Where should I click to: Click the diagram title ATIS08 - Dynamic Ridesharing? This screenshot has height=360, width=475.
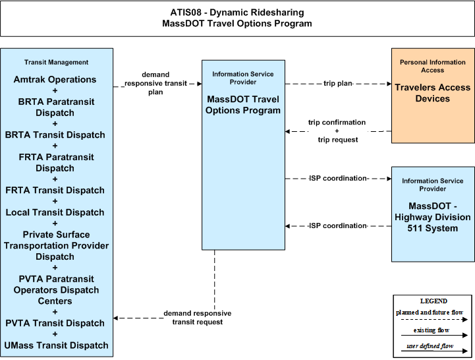coord(237,13)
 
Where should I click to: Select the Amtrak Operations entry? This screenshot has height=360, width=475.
coord(55,80)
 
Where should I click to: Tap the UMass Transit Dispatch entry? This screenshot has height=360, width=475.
coord(56,345)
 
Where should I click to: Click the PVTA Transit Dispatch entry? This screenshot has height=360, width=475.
coord(55,323)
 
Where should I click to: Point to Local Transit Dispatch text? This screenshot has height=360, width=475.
coord(55,212)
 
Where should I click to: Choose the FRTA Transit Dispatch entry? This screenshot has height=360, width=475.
coord(55,191)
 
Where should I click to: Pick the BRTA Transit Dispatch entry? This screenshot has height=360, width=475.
coord(55,135)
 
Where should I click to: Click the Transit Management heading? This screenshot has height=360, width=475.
coord(56,62)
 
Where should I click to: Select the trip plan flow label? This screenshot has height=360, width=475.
coord(338,83)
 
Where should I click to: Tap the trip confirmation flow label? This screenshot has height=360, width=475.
coord(337,122)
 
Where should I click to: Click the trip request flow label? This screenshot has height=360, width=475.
coord(338,140)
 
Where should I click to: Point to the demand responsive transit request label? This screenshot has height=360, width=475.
coord(198,318)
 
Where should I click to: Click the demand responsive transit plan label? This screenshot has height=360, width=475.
coord(155,83)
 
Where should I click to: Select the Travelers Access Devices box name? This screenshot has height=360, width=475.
coord(433,93)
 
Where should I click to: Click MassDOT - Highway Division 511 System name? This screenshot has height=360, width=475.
coord(433,217)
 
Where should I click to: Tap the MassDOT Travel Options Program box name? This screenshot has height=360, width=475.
coord(243,105)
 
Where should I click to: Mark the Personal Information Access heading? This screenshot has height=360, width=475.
coord(433,66)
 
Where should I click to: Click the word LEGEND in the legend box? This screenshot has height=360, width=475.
coord(433,301)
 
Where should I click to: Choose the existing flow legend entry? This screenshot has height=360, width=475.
coord(432,330)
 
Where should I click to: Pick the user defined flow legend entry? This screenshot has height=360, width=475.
coord(430,346)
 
